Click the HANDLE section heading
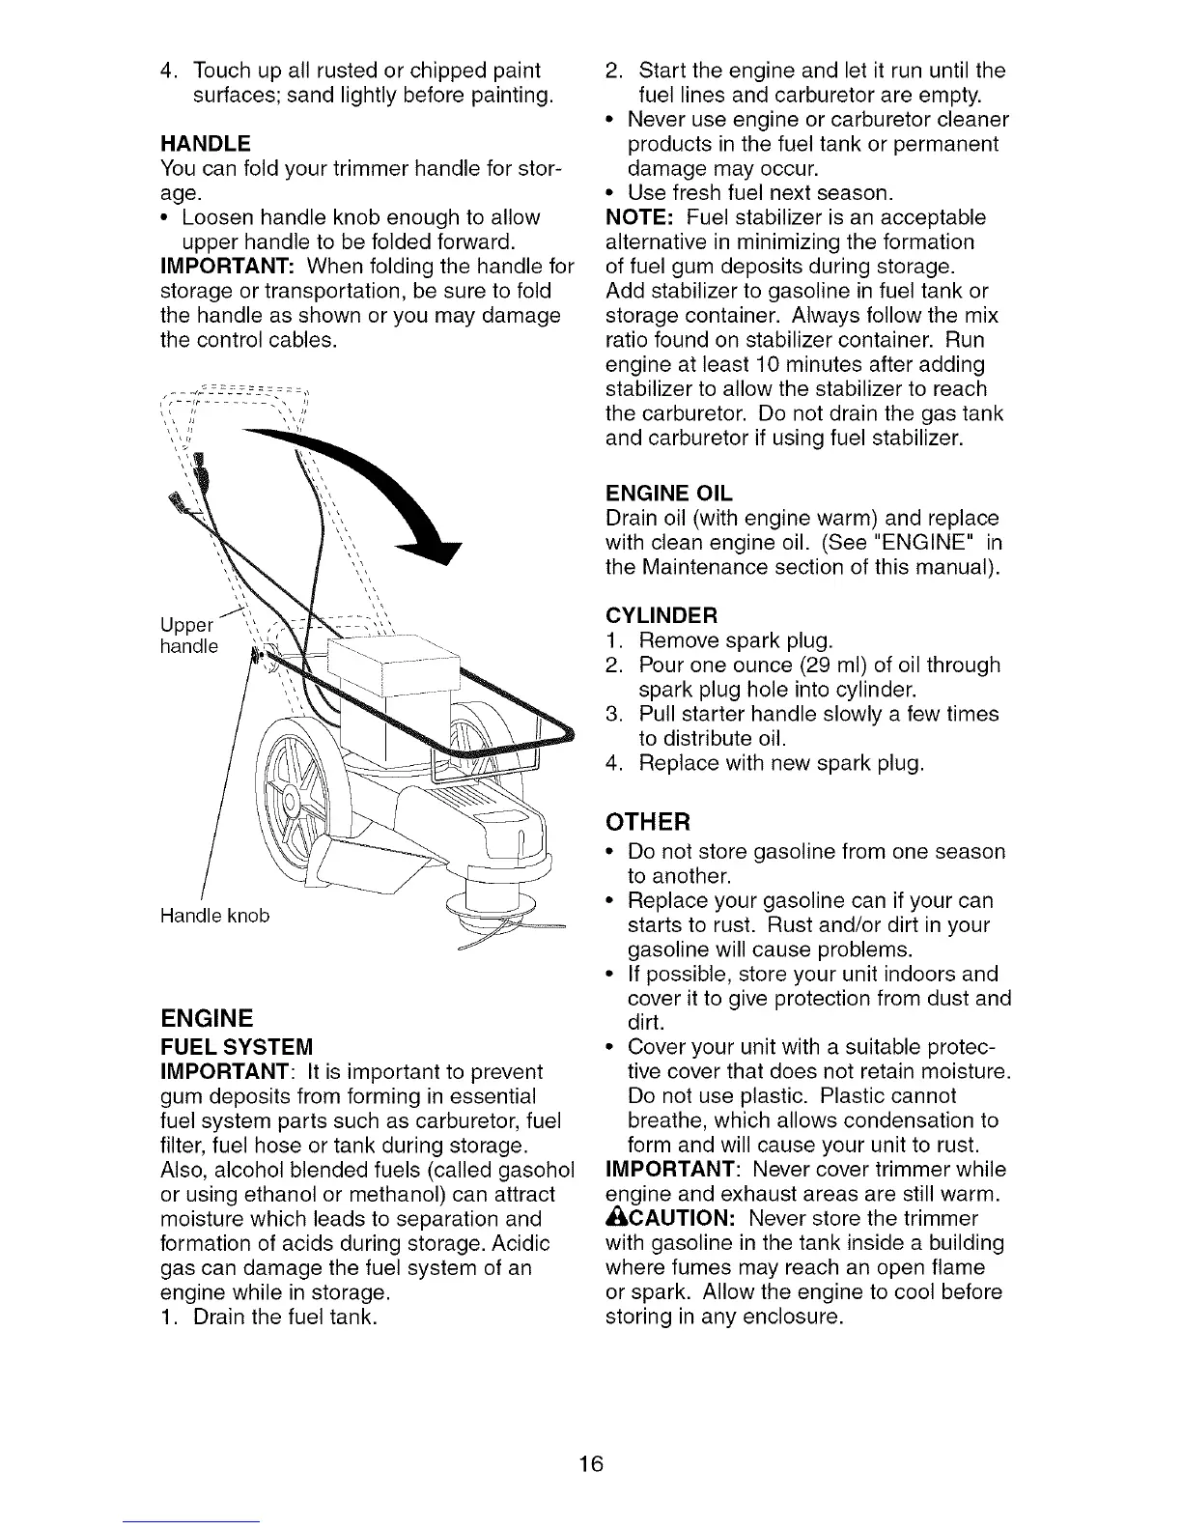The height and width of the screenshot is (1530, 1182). click(x=205, y=144)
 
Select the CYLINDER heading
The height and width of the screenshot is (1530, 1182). click(x=661, y=616)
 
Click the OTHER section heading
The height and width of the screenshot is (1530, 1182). click(x=648, y=822)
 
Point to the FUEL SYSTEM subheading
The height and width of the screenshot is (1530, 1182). click(x=237, y=1047)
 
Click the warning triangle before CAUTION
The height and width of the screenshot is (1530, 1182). click(x=614, y=1218)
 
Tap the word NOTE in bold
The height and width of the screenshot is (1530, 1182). click(x=633, y=217)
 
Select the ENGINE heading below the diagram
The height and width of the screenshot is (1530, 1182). click(x=206, y=1018)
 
